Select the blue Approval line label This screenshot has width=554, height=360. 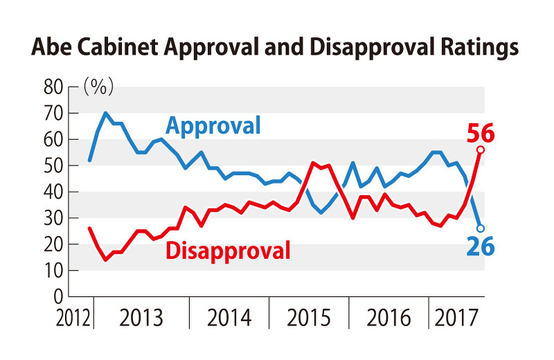click(213, 126)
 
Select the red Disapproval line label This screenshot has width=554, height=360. click(228, 249)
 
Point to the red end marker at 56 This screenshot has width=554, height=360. click(481, 150)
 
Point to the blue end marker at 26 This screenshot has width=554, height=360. click(481, 228)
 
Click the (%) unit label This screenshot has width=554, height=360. click(98, 87)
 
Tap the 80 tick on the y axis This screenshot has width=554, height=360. click(53, 87)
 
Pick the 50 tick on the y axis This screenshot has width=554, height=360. click(53, 166)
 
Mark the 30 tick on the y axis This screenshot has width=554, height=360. click(53, 219)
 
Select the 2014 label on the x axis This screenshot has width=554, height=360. click(230, 320)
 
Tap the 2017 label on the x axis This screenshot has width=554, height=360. click(456, 320)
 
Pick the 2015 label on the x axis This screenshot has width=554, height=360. click(310, 320)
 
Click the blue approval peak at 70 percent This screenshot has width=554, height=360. click(105, 113)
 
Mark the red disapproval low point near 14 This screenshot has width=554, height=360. click(106, 260)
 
